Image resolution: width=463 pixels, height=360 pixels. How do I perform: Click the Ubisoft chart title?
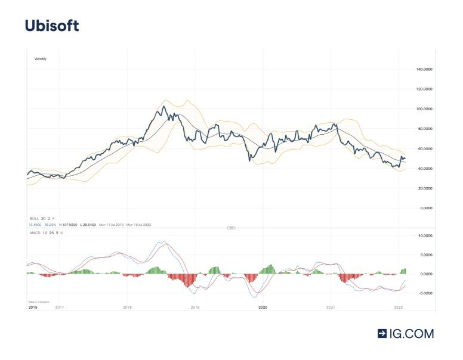pyautogui.click(x=51, y=26)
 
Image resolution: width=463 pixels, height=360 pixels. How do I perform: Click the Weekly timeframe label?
pyautogui.click(x=40, y=59)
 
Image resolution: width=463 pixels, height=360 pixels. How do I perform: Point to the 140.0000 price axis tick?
pyautogui.click(x=424, y=69)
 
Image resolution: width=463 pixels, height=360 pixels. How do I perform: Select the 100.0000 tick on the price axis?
pyautogui.click(x=424, y=109)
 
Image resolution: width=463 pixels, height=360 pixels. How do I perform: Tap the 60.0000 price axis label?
pyautogui.click(x=425, y=148)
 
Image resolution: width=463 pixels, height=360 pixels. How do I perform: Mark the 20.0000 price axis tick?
pyautogui.click(x=425, y=188)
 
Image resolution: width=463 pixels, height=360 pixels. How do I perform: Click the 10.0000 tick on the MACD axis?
pyautogui.click(x=424, y=236)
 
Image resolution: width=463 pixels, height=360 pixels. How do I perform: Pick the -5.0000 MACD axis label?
pyautogui.click(x=424, y=293)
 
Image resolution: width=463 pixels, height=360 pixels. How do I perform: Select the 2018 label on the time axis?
pyautogui.click(x=127, y=307)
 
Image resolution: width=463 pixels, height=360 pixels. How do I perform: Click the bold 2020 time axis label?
pyautogui.click(x=263, y=307)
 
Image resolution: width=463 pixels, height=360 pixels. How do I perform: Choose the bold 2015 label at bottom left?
pyautogui.click(x=33, y=307)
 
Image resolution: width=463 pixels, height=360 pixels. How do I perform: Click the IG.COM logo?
pyautogui.click(x=406, y=334)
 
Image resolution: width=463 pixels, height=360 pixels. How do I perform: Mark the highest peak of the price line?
pyautogui.click(x=163, y=107)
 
